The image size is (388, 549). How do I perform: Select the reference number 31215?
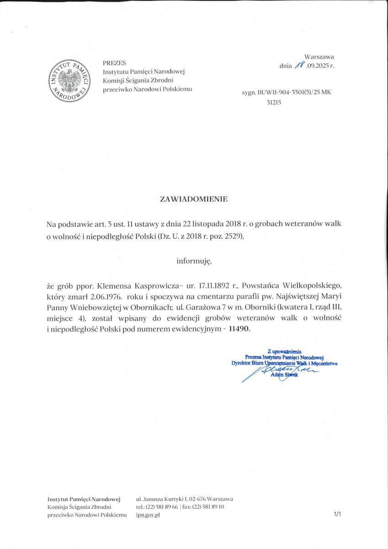pos(273,102)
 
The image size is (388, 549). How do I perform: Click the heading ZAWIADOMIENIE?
pos(193,199)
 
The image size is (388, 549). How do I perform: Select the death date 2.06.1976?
pos(104,296)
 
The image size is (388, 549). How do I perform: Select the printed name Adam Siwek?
pos(284,375)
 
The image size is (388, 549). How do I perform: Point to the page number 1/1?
pos(337,515)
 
